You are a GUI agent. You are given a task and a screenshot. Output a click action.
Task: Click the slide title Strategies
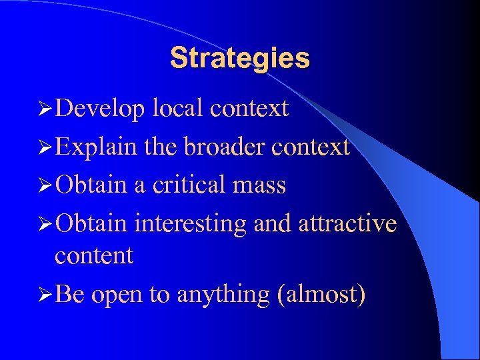pos(240,58)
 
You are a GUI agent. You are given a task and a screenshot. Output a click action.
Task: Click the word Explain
pos(98,147)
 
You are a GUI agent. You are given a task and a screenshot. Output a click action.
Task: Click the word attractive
pos(348,223)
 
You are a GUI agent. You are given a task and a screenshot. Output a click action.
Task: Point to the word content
pos(94,255)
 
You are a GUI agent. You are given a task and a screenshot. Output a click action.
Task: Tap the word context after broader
pos(310,147)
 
